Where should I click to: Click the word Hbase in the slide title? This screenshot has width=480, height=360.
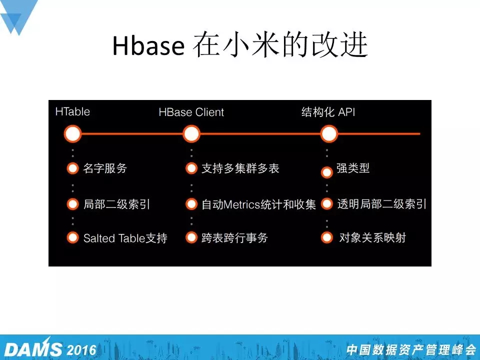point(148,45)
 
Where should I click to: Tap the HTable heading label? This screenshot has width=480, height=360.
point(72,111)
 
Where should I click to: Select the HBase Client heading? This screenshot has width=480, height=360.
point(191,112)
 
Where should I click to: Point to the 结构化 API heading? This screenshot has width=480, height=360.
point(328,112)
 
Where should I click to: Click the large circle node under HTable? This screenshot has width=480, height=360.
point(72,134)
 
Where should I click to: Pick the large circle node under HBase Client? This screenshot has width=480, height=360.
point(191,134)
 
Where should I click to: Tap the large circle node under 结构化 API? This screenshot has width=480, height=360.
point(329,134)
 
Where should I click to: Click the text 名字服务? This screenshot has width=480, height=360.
point(105,168)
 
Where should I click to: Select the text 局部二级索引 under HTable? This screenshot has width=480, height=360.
point(116,204)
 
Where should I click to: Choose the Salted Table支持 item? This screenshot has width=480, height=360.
point(125,238)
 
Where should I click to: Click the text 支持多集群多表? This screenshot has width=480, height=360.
point(240,168)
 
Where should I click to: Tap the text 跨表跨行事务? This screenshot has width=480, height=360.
point(235,237)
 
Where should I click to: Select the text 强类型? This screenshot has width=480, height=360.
point(353,168)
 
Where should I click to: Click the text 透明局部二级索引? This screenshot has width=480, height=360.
point(381,204)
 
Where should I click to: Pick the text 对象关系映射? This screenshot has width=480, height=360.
point(372,237)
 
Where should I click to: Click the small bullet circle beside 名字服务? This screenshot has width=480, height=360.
point(72,168)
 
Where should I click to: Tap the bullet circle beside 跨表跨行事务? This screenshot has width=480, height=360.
point(191,237)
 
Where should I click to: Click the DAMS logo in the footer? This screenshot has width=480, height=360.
point(33,348)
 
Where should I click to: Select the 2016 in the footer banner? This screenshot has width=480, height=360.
point(81,350)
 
